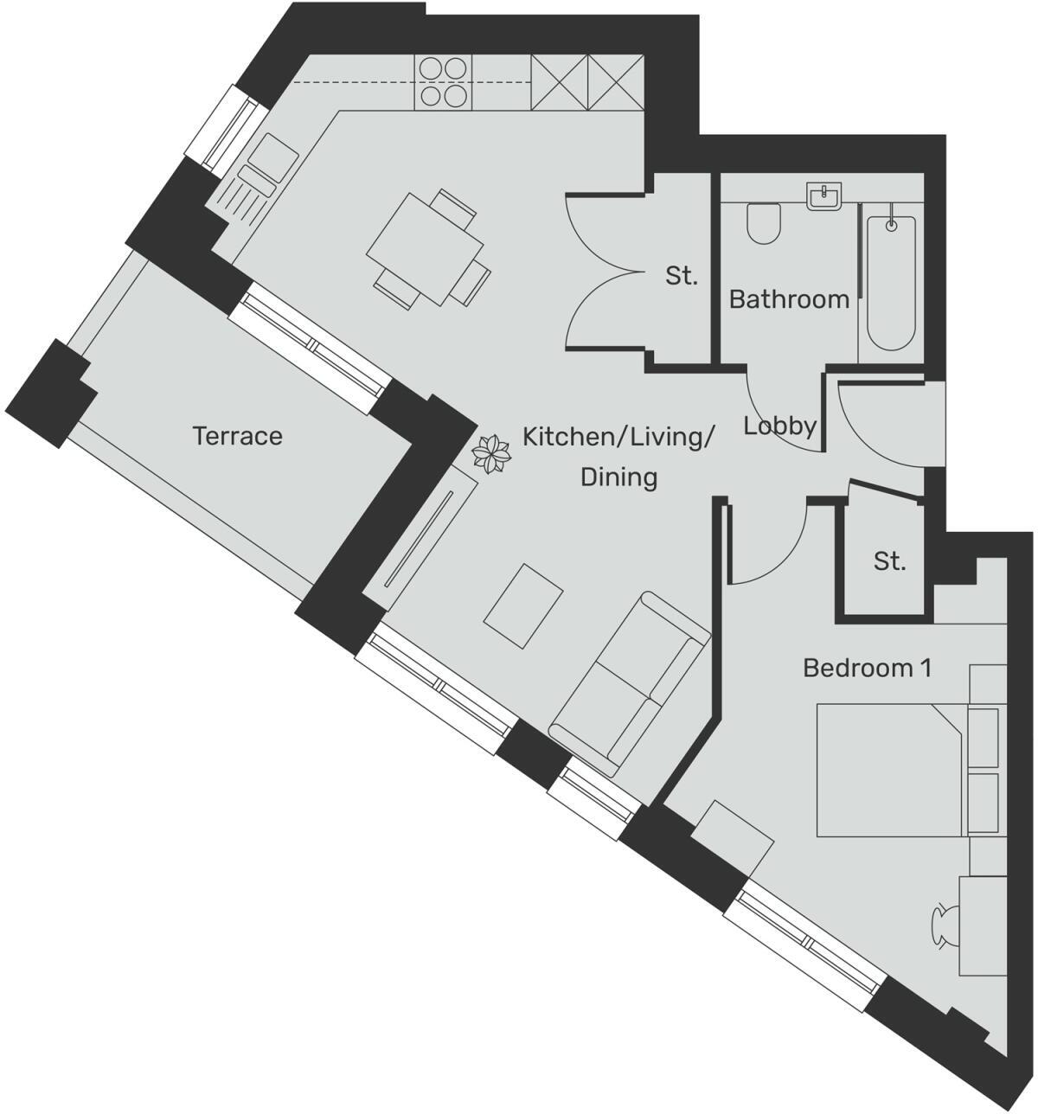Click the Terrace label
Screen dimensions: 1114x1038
237,436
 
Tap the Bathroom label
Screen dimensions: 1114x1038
789,299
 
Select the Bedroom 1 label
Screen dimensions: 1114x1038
867,668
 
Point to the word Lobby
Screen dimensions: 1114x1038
780,426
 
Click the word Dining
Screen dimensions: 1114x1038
618,477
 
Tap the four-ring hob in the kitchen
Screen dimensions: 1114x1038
444,82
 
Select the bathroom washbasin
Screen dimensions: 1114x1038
823,196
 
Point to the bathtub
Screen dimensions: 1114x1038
891,277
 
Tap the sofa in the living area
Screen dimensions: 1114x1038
629,683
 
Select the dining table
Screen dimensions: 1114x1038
425,248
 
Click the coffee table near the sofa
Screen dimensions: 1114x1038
523,605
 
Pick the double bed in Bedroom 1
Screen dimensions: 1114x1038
891,771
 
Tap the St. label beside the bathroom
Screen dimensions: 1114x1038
681,277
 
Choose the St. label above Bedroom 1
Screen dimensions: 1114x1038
889,561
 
